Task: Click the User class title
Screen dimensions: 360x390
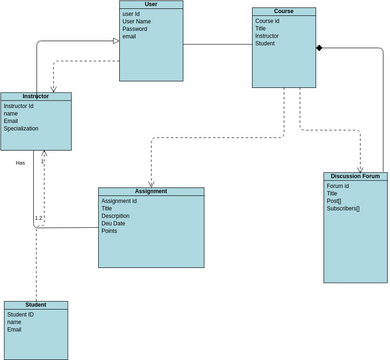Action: coord(151,5)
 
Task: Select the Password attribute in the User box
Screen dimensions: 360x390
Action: coord(135,29)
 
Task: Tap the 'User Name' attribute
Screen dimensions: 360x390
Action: coord(137,21)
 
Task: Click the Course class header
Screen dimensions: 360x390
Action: coord(284,12)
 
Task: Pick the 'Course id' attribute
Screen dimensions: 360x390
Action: coord(268,20)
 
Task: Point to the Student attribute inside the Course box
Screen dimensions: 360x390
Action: coord(265,44)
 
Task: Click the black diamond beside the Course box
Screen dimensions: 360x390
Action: coord(320,48)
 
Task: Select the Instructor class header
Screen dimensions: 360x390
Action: coord(35,97)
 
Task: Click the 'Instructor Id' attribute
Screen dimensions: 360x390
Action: coord(19,105)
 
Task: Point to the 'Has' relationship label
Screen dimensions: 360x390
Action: coord(20,162)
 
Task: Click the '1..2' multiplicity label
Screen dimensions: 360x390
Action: coord(39,217)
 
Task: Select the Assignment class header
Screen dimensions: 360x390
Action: coord(151,191)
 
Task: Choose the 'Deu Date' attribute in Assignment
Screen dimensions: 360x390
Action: coord(120,223)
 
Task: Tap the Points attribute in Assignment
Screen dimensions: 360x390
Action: coord(109,231)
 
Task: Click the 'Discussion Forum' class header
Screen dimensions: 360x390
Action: coord(355,177)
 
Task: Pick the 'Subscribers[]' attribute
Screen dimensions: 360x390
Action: coord(343,209)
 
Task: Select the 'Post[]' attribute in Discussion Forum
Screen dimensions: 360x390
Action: coord(334,201)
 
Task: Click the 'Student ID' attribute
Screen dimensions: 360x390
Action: coord(21,314)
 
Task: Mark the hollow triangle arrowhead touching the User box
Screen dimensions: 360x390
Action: coord(115,41)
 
